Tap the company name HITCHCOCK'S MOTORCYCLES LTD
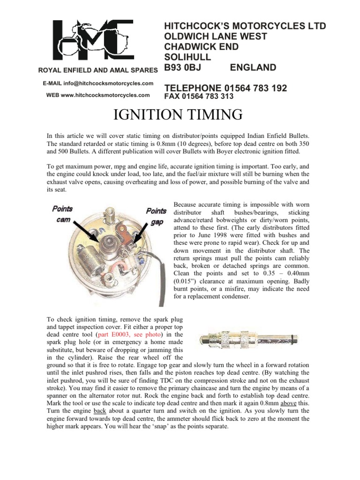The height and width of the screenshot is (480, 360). (244, 25)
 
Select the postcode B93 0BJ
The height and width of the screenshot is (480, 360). (185, 67)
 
